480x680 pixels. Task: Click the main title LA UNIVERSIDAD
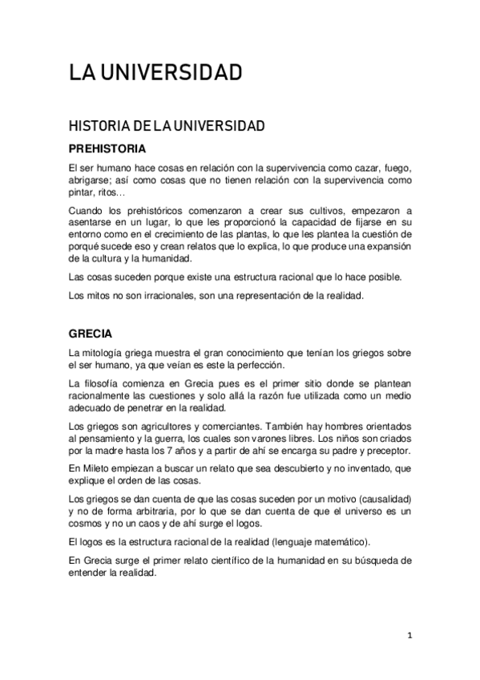(x=155, y=74)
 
